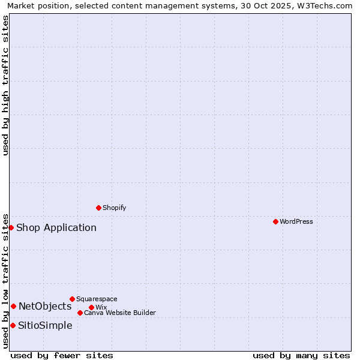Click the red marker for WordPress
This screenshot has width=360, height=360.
click(275, 221)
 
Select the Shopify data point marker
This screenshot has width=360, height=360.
click(98, 208)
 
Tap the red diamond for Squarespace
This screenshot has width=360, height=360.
click(72, 299)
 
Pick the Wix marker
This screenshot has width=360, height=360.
click(91, 307)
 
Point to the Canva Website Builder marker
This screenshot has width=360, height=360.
click(80, 313)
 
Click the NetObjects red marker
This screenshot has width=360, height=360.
click(13, 306)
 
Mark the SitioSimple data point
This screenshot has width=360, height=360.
click(13, 325)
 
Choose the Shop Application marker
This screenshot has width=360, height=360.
click(11, 227)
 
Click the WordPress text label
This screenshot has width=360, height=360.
click(296, 221)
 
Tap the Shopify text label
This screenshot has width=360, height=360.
click(115, 208)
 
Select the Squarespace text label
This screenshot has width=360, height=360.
click(97, 299)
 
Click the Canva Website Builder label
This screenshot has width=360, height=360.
click(120, 313)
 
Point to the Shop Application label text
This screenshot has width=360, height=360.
click(56, 227)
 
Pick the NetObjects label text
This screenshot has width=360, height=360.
click(45, 306)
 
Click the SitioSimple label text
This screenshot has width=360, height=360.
click(45, 325)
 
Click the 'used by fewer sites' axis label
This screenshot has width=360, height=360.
click(62, 355)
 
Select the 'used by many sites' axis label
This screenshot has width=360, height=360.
click(301, 355)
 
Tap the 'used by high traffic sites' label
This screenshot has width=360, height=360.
click(5, 85)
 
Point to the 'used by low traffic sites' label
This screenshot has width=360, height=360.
click(5, 280)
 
